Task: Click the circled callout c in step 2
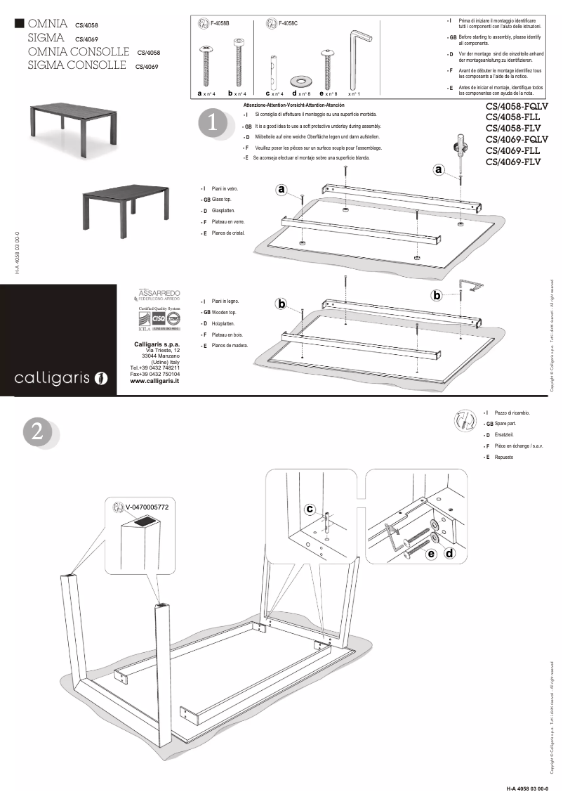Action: [x=310, y=509]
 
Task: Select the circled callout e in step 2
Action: [x=430, y=554]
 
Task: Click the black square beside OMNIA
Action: [x=20, y=24]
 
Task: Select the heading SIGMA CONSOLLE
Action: [x=77, y=66]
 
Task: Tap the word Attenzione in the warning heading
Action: [x=258, y=105]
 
